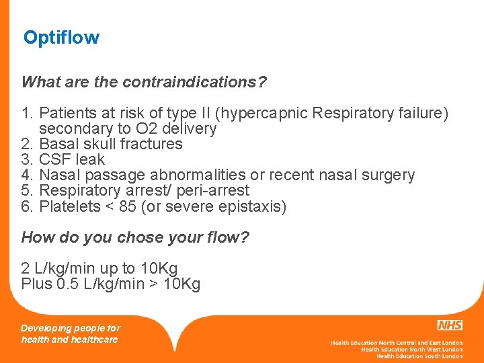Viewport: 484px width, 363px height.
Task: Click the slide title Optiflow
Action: pos(61,38)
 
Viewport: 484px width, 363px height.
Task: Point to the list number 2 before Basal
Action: pos(26,144)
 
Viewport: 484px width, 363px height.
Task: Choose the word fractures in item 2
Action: pos(152,144)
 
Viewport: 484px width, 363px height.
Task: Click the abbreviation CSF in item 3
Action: pos(54,159)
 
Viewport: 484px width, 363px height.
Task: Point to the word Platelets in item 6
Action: pos(69,206)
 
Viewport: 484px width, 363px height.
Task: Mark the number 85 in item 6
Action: pos(127,206)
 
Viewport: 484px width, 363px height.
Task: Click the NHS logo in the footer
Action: pos(449,325)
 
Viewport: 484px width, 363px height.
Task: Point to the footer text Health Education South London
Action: pos(419,356)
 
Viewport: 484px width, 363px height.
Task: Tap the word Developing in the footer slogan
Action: pos(46,328)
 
